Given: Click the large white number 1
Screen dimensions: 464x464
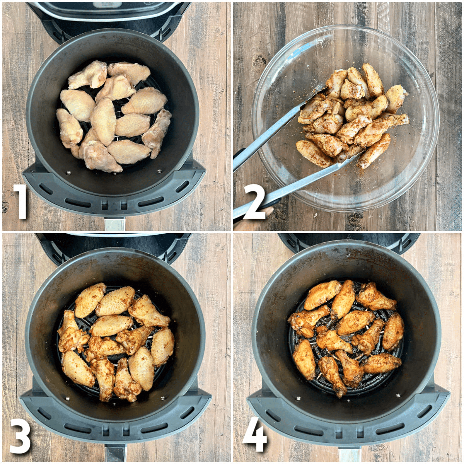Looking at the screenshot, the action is [x=21, y=202].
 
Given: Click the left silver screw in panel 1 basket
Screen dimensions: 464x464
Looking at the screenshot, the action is [x=68, y=172].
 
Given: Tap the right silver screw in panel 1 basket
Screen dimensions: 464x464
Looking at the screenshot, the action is [x=159, y=171].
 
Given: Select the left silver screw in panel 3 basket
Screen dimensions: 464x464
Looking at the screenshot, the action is [x=67, y=399].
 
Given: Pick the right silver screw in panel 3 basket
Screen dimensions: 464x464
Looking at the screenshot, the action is [x=164, y=397].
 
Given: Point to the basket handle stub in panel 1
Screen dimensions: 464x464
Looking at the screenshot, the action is [x=115, y=224].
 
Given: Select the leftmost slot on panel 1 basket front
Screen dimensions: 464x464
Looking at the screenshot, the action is [x=46, y=189].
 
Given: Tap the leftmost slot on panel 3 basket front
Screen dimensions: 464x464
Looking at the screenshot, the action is [x=44, y=415].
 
